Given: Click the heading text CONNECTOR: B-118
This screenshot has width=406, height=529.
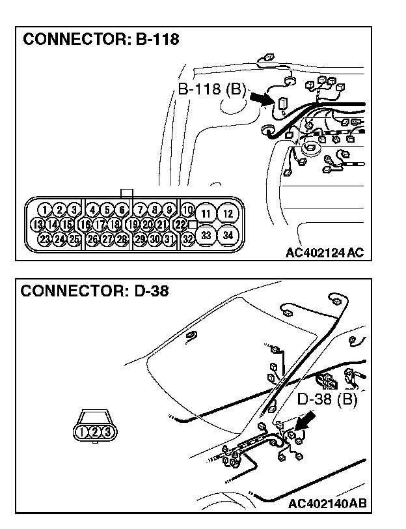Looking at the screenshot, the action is coord(101,39).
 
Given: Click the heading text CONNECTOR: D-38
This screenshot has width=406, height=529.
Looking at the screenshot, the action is coord(95,291).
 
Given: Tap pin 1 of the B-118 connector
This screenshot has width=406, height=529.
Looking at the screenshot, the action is coord(44,210).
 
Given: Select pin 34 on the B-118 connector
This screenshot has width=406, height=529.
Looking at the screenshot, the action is coord(227,235).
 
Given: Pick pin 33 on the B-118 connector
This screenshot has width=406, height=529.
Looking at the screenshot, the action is coord(206,235).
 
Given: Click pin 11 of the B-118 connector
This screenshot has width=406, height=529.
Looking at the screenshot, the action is coord(206,214).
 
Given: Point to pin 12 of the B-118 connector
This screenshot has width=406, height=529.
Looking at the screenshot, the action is coord(227,214).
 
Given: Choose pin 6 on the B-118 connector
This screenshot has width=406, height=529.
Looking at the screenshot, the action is coord(122,210).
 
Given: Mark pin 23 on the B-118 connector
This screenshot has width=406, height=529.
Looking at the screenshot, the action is coord(44,239).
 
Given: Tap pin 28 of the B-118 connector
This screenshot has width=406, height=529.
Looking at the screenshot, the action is coord(122,239).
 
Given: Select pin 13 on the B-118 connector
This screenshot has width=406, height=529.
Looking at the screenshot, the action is coord(38,225).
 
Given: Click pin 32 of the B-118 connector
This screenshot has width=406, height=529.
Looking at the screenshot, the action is coord(187,239).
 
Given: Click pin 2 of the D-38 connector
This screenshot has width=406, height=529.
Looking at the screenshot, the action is coord(95,431).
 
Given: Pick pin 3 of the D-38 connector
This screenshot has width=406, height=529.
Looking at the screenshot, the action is coord(107,431).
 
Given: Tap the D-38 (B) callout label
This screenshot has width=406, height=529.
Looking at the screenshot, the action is coord(327,398).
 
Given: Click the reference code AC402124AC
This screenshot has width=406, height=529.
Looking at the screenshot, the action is coord(324,252).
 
